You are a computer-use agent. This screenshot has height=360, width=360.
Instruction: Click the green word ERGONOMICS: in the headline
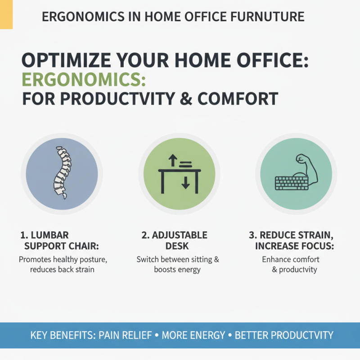tap(84, 79)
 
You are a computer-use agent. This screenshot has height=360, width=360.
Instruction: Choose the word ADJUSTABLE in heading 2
tap(180, 235)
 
